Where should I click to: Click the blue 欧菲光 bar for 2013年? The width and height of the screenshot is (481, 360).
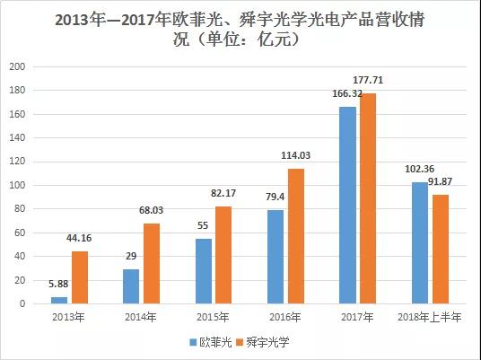click(59, 300)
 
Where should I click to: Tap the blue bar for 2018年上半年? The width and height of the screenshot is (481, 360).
click(420, 242)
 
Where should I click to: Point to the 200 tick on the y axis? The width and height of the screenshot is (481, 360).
click(16, 67)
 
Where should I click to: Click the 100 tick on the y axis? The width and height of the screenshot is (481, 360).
click(16, 186)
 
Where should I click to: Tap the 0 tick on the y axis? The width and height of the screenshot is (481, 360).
click(22, 304)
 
